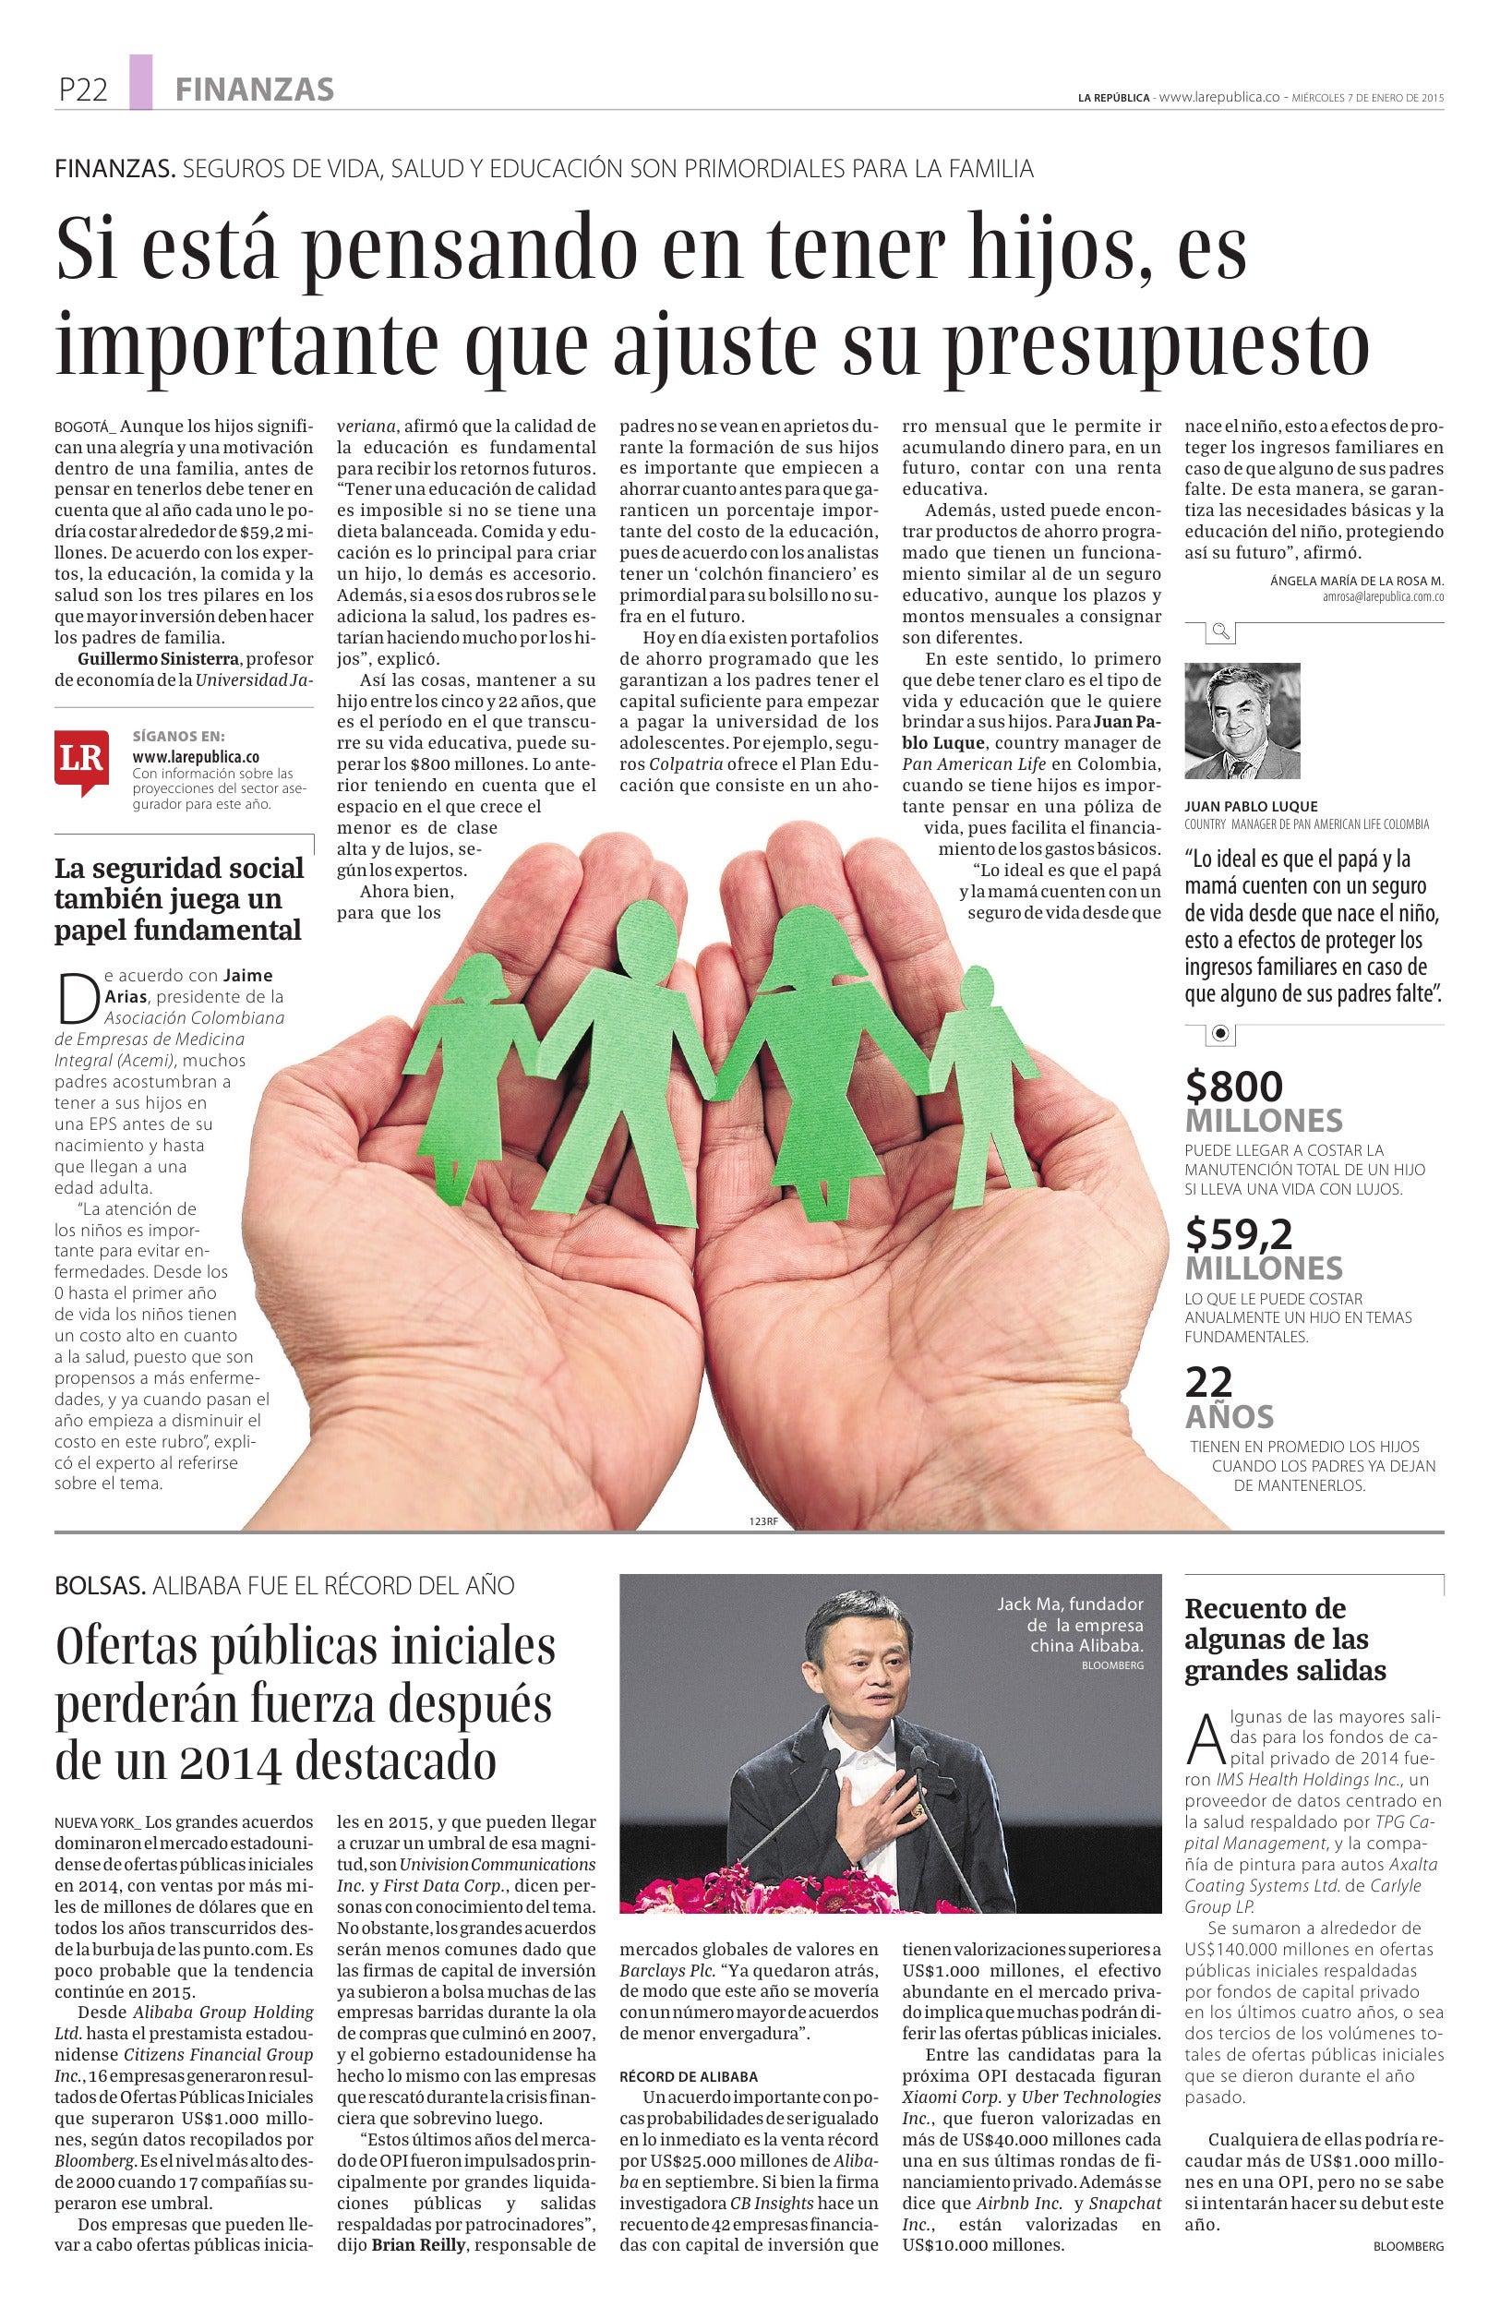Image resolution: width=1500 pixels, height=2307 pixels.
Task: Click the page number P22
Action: [x=82, y=90]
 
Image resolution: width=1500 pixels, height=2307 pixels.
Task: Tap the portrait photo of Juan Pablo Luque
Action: [x=1242, y=721]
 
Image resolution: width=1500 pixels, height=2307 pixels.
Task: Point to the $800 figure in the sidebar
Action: [x=1233, y=1087]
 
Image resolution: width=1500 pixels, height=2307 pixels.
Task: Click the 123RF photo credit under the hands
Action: [x=763, y=1520]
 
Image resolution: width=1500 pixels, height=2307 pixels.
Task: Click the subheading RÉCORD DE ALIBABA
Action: [x=688, y=2077]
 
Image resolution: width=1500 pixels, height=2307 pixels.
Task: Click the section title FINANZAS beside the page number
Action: [x=255, y=90]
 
